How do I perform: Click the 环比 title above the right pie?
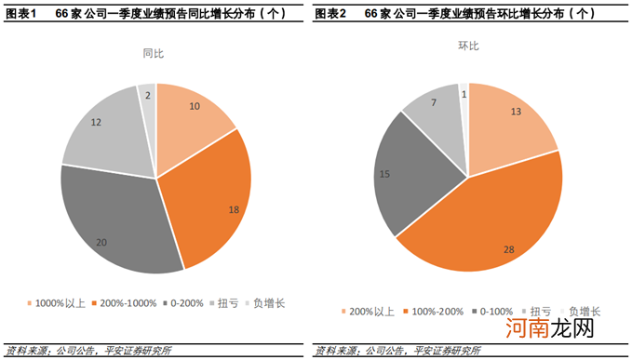click(x=468, y=46)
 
